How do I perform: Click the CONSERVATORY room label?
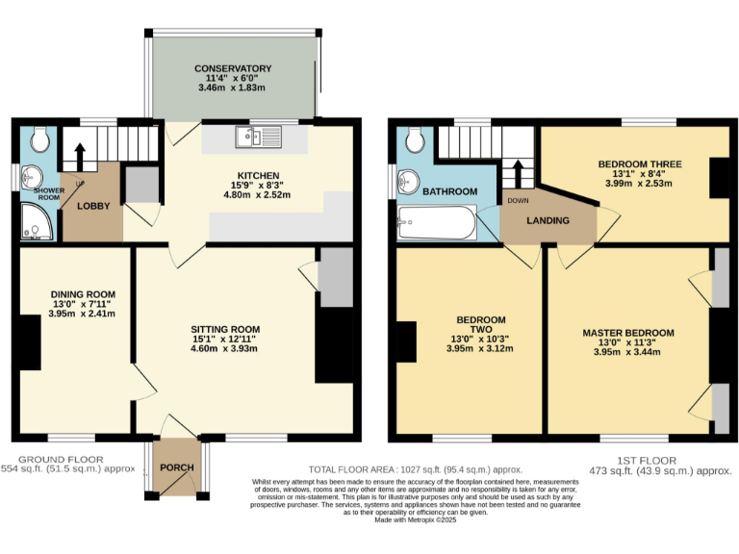point(232,69)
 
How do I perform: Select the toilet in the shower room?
point(39,140)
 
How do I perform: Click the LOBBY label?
point(93,206)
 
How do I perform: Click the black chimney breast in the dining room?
point(29,342)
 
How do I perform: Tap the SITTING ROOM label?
point(225,329)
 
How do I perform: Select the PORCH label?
point(177,467)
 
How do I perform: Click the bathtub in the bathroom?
point(436,225)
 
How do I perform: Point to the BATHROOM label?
point(450,191)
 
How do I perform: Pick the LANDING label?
point(547,220)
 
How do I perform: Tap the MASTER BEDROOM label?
point(627,333)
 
